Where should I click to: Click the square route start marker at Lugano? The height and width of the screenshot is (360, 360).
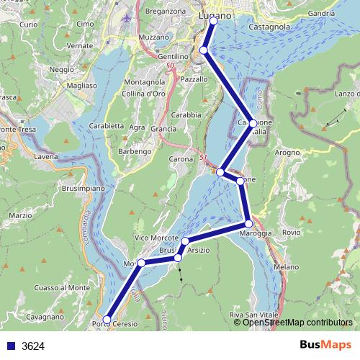[x=213, y=22]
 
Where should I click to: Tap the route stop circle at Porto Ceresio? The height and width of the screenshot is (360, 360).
[x=107, y=319]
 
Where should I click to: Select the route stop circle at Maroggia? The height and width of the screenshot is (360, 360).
[x=248, y=224]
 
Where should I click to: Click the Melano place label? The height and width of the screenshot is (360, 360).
[x=286, y=266]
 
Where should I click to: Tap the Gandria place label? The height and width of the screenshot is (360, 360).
[x=320, y=13]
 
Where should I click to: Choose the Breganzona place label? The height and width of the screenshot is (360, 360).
[x=166, y=12]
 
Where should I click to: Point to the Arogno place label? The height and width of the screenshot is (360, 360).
[x=287, y=153]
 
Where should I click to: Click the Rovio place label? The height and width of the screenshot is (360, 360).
[x=291, y=232]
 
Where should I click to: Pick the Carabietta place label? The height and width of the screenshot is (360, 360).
[x=107, y=125]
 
